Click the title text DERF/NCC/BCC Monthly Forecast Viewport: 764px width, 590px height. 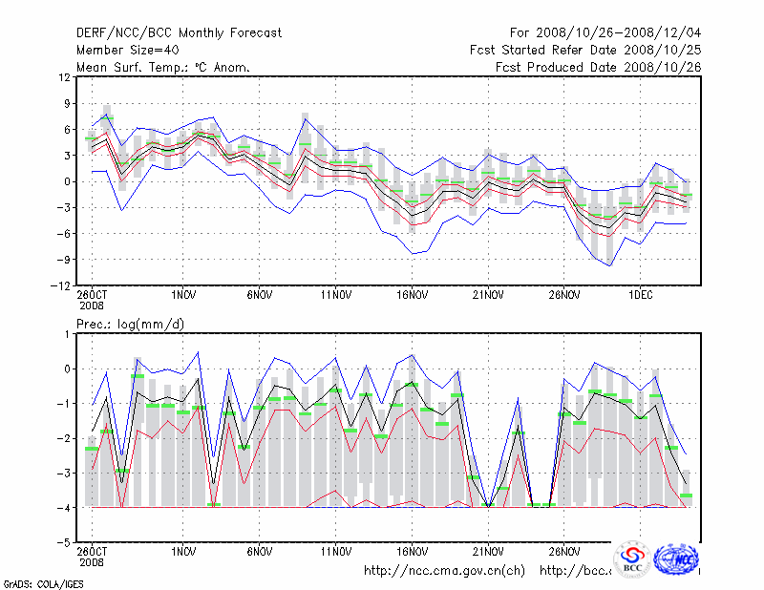(180, 32)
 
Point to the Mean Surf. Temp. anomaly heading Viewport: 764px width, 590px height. (163, 67)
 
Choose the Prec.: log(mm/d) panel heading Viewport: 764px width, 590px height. (130, 324)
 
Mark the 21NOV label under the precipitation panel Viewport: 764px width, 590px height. (488, 551)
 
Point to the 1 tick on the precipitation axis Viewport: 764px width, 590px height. (66, 333)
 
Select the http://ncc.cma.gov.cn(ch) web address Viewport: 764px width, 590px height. (444, 571)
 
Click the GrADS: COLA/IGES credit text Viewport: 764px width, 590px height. (30, 581)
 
